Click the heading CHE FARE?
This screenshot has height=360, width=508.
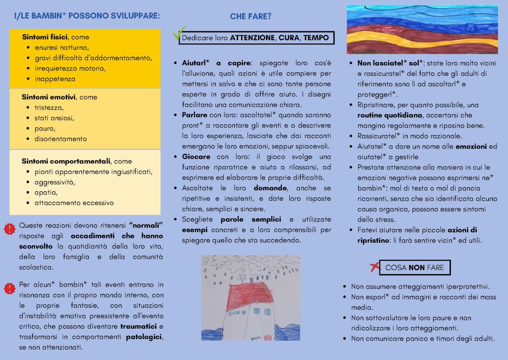point(251,16)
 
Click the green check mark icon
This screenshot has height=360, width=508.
point(178,34)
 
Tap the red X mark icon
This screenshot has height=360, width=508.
point(375,267)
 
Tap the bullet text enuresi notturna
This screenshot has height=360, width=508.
point(62,48)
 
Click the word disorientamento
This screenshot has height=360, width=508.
point(61,139)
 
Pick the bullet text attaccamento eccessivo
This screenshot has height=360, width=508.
point(74,203)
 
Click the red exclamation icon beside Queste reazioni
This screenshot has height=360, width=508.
point(9,229)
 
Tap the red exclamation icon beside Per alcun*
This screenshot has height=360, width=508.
point(9,288)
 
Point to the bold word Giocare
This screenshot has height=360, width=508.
point(195,156)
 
